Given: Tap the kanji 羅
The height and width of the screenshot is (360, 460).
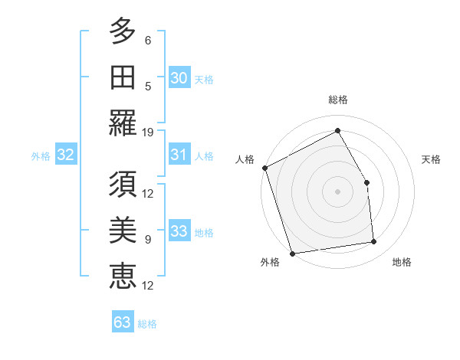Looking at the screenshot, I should [123, 123].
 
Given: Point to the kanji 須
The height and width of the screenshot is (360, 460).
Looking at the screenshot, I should [123, 184].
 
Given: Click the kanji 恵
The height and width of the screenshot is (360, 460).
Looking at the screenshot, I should [123, 276].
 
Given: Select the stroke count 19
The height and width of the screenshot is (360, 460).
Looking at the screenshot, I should [148, 132].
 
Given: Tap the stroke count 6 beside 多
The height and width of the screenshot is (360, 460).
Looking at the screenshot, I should [148, 40].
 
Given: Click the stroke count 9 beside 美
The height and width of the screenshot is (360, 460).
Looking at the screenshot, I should [148, 239].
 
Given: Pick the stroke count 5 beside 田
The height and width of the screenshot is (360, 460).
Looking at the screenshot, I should [148, 86].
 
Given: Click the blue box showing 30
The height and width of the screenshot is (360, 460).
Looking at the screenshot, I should [179, 77].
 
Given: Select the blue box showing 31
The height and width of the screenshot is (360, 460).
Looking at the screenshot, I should [179, 155].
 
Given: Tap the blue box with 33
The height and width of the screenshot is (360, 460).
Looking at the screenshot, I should [179, 231].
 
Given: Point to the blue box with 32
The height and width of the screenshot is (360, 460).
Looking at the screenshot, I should [66, 155].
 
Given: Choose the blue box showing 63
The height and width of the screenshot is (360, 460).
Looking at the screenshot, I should [123, 322].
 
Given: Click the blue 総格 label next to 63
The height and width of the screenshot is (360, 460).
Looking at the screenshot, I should [147, 324].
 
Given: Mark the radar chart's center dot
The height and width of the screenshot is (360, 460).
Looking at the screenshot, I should [337, 191].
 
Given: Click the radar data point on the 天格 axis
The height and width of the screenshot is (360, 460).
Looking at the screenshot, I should [366, 182].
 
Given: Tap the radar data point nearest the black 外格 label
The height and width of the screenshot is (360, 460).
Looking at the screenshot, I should [292, 253].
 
